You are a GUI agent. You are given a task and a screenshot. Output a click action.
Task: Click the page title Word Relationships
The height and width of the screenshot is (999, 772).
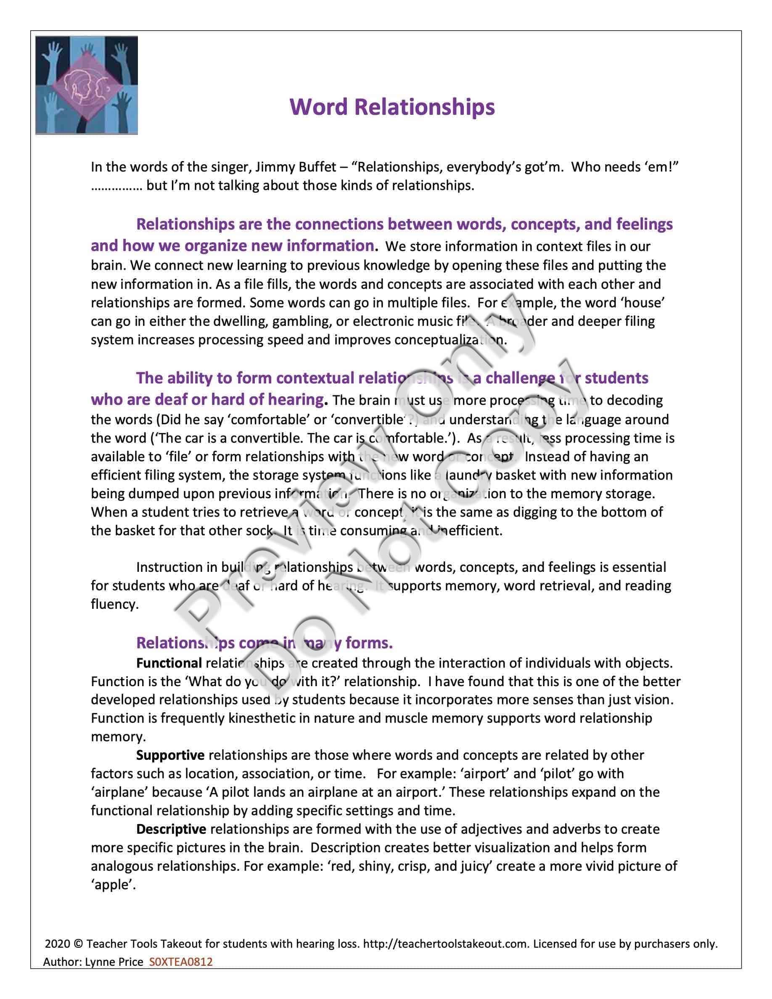point(392,107)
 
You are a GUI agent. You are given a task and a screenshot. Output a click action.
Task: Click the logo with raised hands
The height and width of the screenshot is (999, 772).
point(87,85)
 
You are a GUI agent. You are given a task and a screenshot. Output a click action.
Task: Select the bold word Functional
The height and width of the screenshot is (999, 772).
point(169,663)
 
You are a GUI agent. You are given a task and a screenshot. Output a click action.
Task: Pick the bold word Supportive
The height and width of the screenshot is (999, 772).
point(170,755)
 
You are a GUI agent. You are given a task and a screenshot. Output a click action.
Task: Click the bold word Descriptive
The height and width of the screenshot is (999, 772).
point(171,829)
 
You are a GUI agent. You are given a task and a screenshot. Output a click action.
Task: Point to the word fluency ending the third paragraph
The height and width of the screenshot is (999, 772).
point(114,604)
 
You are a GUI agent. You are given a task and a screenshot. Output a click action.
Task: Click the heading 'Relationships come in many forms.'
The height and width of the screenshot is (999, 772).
point(264,643)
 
